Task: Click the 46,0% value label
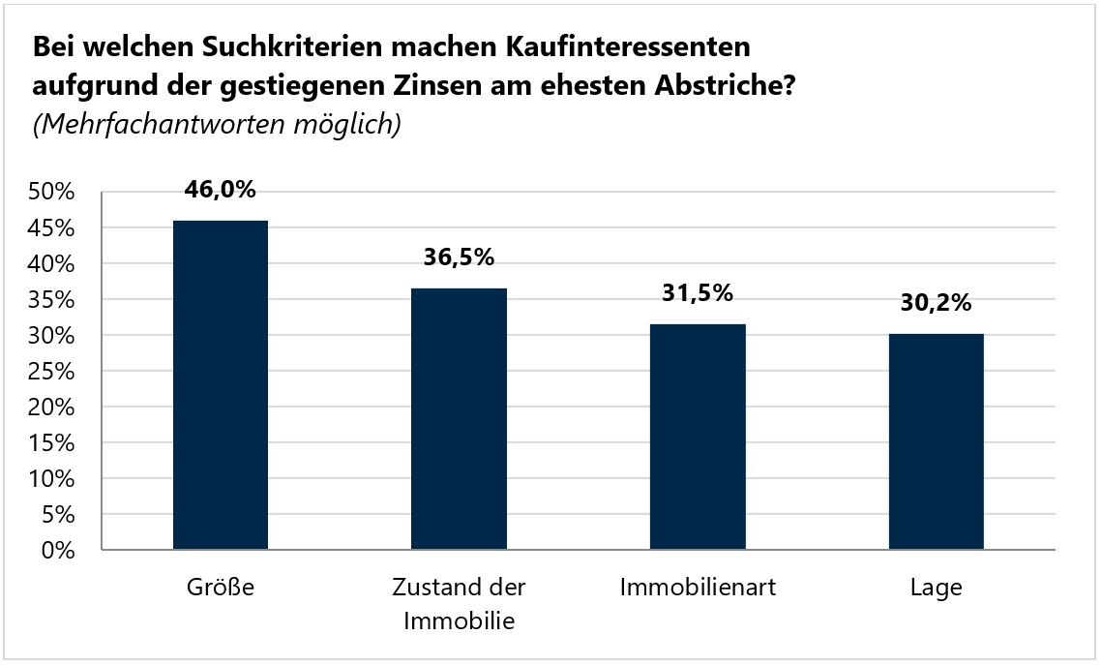[x=221, y=190]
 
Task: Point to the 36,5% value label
[x=459, y=257]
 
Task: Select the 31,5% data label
[x=698, y=293]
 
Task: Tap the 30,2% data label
[x=936, y=303]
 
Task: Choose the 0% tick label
[x=58, y=551]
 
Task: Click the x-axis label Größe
[x=221, y=588]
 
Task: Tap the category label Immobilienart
[x=698, y=588]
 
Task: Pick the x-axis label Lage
[x=936, y=588]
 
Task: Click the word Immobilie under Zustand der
[x=459, y=620]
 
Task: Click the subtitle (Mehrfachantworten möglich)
[x=217, y=126]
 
